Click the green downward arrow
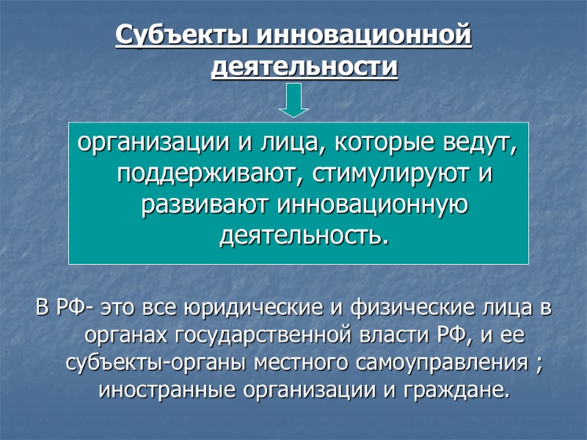pos(293,100)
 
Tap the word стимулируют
pos(382,176)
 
